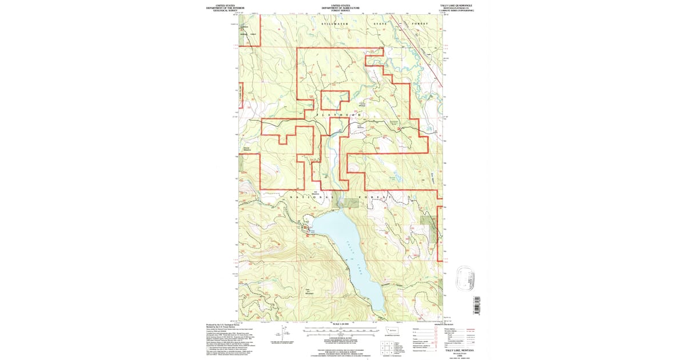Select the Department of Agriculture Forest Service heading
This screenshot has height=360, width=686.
(x=341, y=7)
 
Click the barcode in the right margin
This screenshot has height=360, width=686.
(x=476, y=305)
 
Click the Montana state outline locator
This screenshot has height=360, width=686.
(x=392, y=330)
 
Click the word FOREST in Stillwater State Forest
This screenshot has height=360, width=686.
(x=420, y=23)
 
